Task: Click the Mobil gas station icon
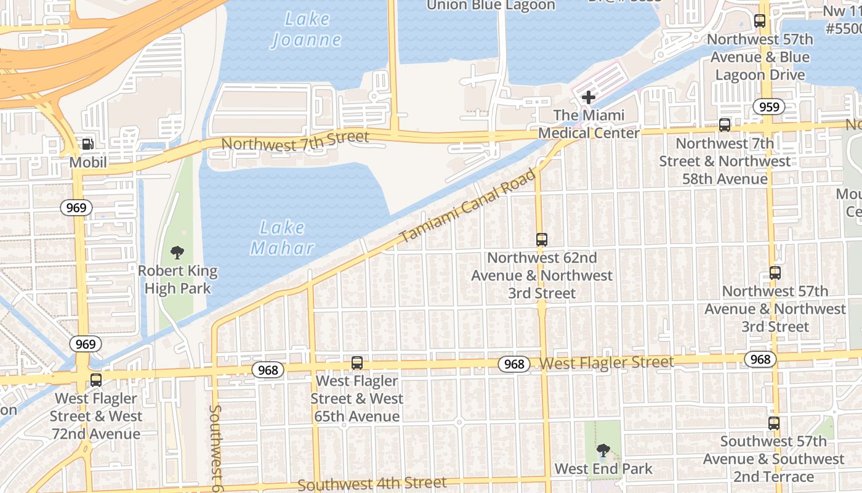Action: coord(87,144)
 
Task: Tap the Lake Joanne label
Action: coord(306,30)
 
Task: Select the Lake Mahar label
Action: coord(283,238)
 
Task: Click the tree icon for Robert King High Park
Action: coord(177,252)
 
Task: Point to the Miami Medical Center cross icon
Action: coord(589,97)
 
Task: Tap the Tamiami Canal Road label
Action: coord(467,206)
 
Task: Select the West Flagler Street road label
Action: coord(606,362)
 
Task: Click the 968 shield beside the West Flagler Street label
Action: coord(514,364)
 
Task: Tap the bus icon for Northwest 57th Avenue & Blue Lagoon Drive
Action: coord(760,21)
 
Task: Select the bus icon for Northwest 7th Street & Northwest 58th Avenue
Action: coord(725,125)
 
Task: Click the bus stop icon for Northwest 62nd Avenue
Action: coord(542,240)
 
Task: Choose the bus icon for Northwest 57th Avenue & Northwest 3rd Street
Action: coord(775,272)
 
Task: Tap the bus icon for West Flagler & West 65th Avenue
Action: coord(357,363)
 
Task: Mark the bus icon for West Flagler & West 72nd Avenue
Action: coord(96,380)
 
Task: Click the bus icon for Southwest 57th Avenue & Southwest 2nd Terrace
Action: coord(774,423)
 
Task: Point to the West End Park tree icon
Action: coord(603,450)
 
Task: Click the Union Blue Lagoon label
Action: coord(491,6)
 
